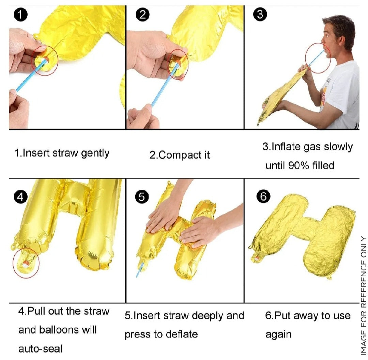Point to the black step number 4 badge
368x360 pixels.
(x=21, y=198)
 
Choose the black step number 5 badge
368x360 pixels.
(x=142, y=197)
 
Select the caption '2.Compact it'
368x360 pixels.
(x=180, y=155)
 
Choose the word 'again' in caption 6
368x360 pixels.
(x=278, y=334)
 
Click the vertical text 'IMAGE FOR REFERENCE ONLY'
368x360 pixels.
(x=363, y=295)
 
